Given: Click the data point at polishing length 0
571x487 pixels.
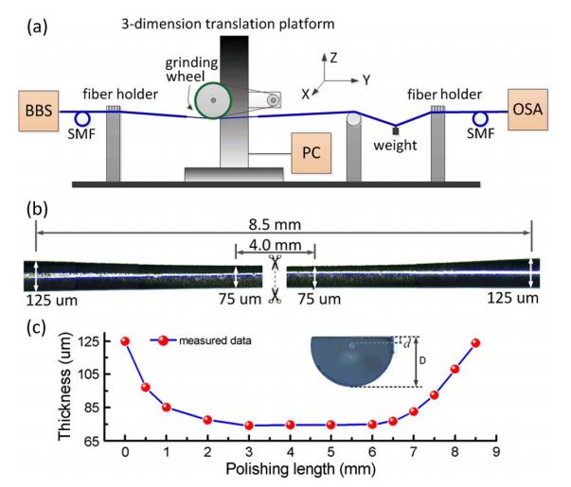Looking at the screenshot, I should [125, 341].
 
